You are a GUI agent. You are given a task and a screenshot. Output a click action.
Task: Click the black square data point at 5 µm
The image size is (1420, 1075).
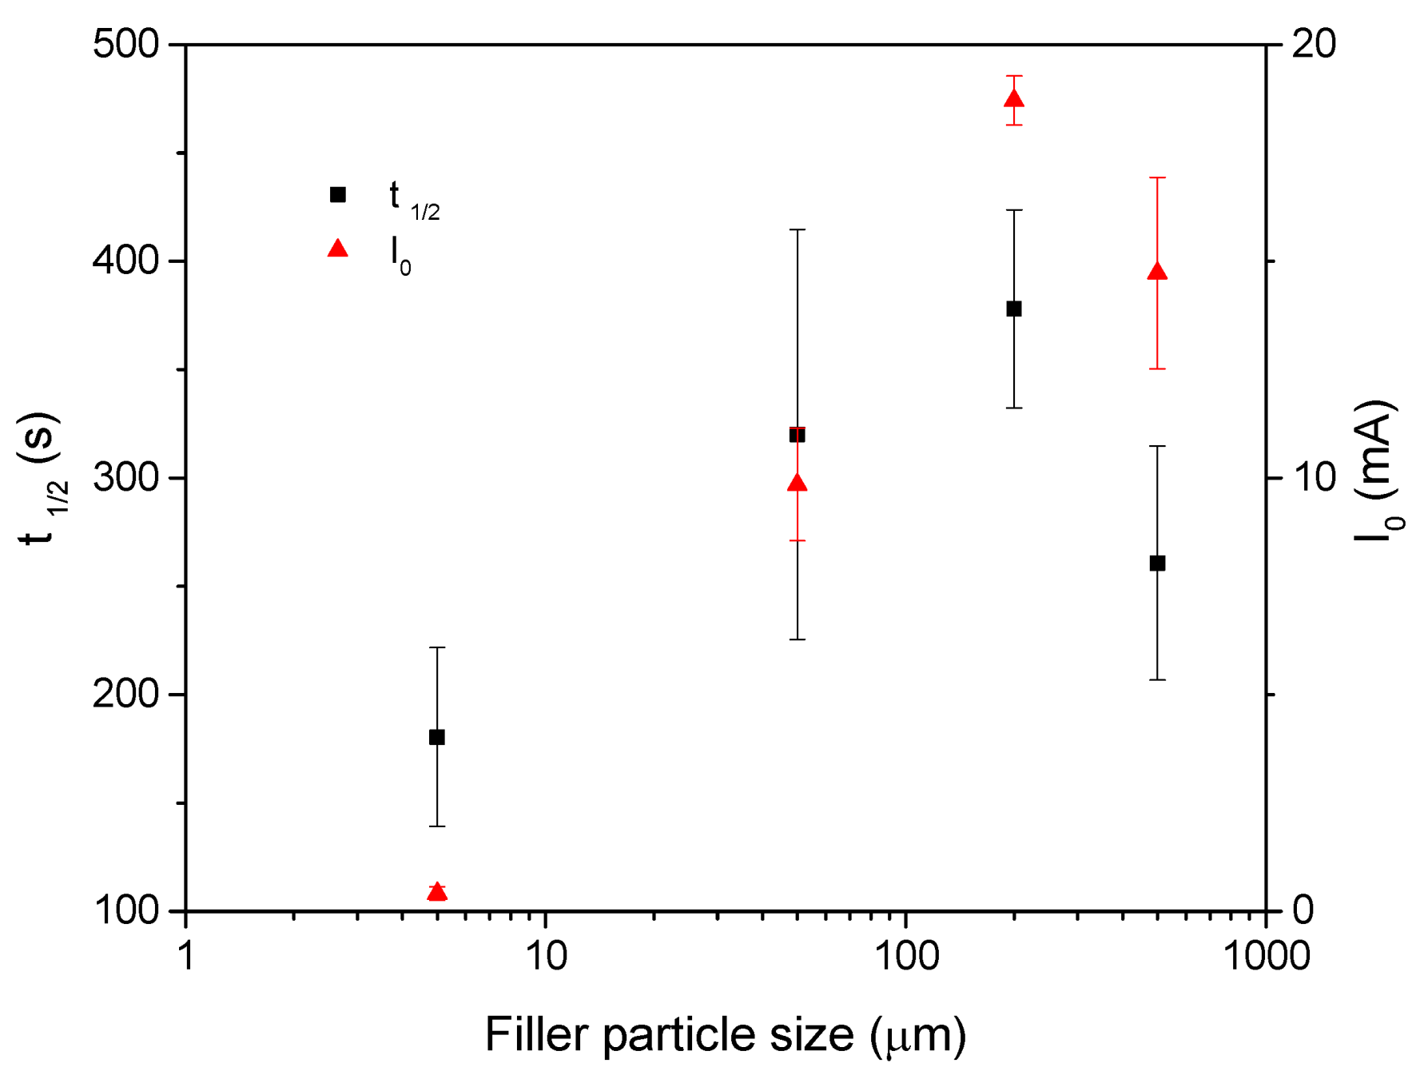point(437,737)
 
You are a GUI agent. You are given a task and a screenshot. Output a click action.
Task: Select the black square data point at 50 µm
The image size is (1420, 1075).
point(797,435)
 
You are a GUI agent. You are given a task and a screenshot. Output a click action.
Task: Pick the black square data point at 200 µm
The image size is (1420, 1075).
point(1014,309)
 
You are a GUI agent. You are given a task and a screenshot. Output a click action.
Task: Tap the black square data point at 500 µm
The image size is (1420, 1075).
point(1157,563)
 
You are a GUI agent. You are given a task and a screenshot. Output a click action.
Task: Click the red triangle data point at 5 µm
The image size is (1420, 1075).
point(437,891)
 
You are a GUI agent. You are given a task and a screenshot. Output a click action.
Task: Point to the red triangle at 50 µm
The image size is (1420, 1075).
point(797,483)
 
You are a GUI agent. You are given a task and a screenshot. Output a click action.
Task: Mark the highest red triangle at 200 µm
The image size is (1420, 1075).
point(1014,99)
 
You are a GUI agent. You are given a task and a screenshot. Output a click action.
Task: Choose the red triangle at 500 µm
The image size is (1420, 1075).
point(1157,272)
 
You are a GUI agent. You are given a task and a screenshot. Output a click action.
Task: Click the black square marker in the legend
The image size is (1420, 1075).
point(338,195)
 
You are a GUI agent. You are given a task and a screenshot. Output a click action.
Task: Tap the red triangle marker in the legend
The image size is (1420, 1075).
point(338,249)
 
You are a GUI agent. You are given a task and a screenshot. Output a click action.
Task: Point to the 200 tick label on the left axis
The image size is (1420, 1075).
point(126,695)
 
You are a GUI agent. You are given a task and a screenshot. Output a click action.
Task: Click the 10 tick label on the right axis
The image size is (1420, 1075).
point(1314,478)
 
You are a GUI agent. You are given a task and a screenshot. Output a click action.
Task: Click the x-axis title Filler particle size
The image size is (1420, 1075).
point(726,1035)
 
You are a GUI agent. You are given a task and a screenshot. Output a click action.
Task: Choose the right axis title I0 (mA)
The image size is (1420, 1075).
point(1378,472)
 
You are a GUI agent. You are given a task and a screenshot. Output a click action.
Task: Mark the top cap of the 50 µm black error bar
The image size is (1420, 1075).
point(797,230)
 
